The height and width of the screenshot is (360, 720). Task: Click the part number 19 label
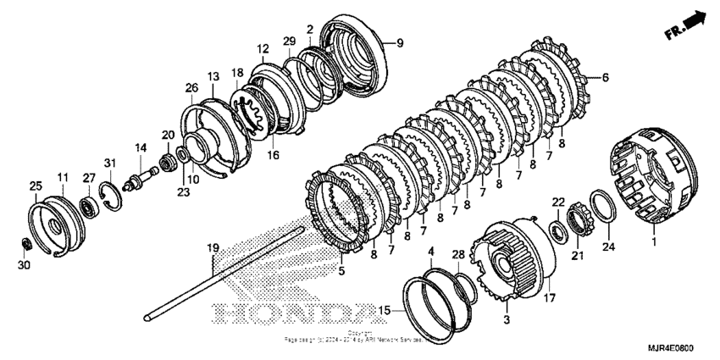(x=213, y=248)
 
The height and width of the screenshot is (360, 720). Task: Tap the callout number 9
(x=401, y=42)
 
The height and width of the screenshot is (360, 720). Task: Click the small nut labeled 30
(x=26, y=245)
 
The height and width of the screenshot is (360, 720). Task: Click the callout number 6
(x=605, y=77)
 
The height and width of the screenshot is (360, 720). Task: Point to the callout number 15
(x=385, y=312)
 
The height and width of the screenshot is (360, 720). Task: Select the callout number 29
(x=288, y=41)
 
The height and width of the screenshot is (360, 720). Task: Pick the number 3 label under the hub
(x=507, y=321)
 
